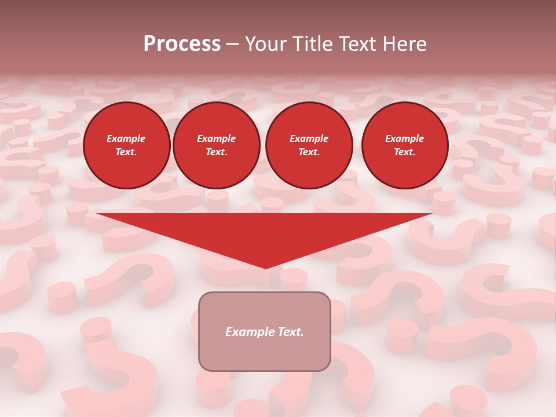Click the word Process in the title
click(x=182, y=44)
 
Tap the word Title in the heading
click(x=309, y=44)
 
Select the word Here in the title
click(x=404, y=44)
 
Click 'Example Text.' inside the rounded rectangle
click(x=265, y=332)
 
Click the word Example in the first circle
click(x=126, y=138)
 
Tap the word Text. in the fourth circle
click(x=404, y=152)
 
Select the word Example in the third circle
click(x=309, y=138)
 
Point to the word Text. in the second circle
click(x=216, y=152)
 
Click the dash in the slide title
click(x=233, y=44)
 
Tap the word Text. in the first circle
click(x=126, y=152)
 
